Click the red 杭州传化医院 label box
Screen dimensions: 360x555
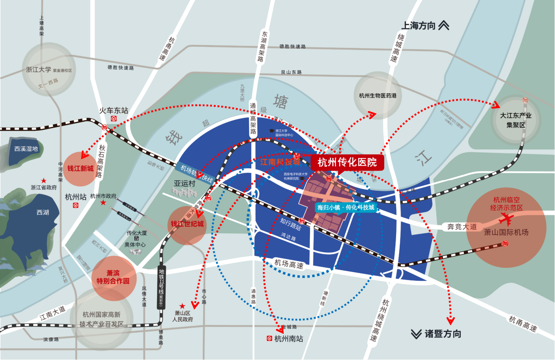(347, 162)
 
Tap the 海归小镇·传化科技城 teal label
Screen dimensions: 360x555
(345, 208)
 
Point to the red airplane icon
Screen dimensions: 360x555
(506, 219)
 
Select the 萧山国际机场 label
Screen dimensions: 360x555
(506, 232)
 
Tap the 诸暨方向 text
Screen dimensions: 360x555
(442, 334)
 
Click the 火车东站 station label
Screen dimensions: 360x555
(114, 110)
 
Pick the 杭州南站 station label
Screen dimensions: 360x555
(288, 339)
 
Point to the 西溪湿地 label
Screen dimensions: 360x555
(26, 149)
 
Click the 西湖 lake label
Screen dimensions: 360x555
(43, 213)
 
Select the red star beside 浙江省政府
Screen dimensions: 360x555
(44, 181)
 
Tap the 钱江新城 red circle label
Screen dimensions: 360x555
(80, 169)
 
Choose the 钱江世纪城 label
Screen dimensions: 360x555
(187, 224)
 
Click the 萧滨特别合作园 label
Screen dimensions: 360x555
(113, 277)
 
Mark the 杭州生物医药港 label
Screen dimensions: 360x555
(378, 95)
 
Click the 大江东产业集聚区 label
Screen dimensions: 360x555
(515, 120)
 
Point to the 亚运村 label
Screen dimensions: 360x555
(185, 184)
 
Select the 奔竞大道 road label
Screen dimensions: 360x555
(462, 227)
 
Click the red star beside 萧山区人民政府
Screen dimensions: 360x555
(182, 306)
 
